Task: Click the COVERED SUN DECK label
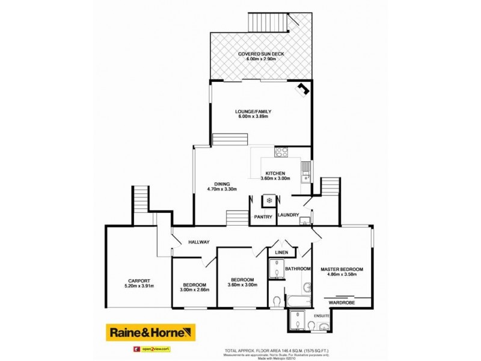click(260, 54)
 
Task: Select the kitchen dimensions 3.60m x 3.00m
click(276, 179)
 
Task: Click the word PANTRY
click(264, 216)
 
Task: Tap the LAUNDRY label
click(289, 215)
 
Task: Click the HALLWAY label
click(199, 242)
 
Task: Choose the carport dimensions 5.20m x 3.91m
click(138, 286)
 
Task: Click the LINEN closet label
click(282, 252)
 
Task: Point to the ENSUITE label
click(322, 315)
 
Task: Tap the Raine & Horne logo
click(151, 332)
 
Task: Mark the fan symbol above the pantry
click(269, 200)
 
